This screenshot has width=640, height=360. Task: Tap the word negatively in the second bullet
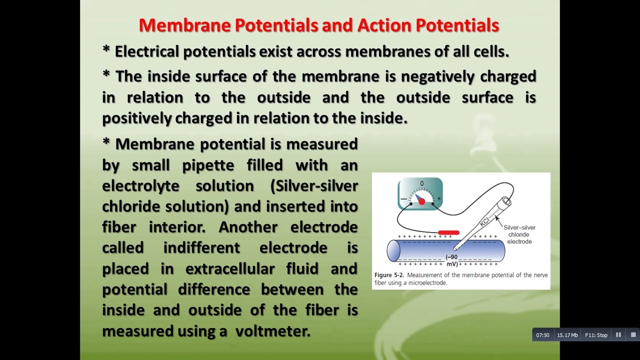437,76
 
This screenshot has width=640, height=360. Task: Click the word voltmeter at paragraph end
272,331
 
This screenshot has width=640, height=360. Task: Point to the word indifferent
201,248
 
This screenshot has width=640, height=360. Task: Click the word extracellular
230,269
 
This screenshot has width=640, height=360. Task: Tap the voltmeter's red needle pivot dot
421,201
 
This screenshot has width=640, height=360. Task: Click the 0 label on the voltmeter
421,184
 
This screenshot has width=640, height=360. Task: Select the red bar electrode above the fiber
448,233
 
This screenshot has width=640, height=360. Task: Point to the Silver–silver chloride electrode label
519,234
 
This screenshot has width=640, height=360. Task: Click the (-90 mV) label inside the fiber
451,260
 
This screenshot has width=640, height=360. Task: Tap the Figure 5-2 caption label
389,275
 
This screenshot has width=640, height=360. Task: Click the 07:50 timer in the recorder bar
542,335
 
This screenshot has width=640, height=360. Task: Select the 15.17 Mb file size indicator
567,335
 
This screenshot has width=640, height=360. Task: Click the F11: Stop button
596,335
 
